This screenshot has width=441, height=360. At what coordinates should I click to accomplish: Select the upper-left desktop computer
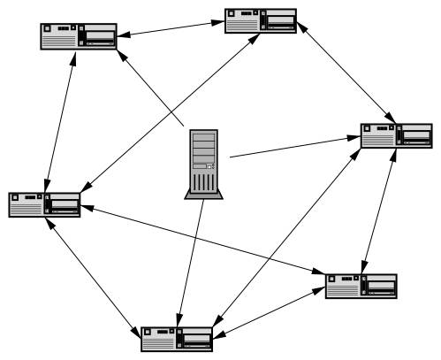[x=79, y=36]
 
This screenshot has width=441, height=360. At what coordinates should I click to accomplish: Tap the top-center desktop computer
[x=261, y=21]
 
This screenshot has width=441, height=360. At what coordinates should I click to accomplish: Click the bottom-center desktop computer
[x=178, y=339]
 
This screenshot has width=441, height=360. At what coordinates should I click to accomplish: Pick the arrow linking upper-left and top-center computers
[x=171, y=29]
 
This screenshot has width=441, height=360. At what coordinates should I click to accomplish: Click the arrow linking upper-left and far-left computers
[x=61, y=119]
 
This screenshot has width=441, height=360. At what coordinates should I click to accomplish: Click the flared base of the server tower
[x=202, y=194]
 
